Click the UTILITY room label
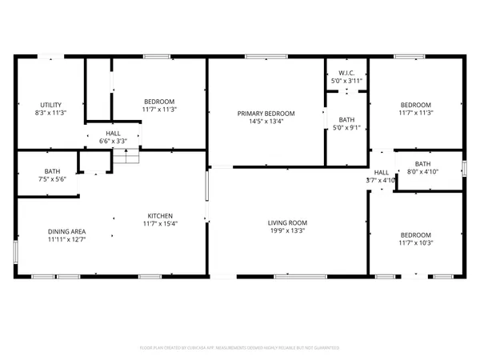coord(52,105)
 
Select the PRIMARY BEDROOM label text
coord(266,114)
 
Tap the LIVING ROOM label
coord(288,223)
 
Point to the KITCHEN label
coord(159,215)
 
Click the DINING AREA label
coord(66,232)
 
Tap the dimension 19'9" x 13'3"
coord(288,232)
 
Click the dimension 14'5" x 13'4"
coord(266,122)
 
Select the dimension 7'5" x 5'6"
coord(52,179)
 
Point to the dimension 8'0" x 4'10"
coord(422,171)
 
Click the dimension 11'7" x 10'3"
coord(415,242)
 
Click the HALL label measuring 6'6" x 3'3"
coord(112,134)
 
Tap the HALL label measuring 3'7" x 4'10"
coord(382,172)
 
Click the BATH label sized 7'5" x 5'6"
coord(52,171)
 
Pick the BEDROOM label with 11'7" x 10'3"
coord(415,234)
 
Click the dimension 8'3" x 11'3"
coord(52,113)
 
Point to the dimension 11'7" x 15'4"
coord(159,224)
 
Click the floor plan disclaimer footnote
coord(240,348)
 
